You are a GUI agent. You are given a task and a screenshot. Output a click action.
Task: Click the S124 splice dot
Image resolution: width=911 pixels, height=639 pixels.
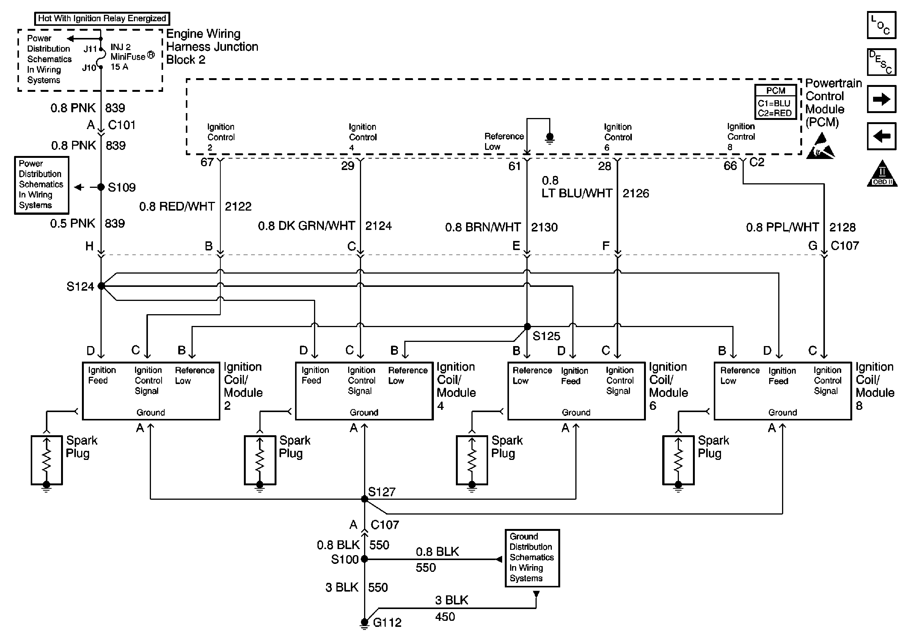(x=101, y=286)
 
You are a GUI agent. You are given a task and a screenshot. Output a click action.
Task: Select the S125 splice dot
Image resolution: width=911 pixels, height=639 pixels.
(x=527, y=326)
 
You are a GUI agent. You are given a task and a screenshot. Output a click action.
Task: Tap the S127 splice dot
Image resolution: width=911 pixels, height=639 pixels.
(x=364, y=499)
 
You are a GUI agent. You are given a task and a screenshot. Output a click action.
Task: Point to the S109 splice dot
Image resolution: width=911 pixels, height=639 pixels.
(x=101, y=187)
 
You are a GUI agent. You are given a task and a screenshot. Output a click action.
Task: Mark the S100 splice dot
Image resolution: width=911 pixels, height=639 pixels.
(x=364, y=559)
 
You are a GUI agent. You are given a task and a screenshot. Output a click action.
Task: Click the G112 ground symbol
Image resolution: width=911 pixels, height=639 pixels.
(x=364, y=623)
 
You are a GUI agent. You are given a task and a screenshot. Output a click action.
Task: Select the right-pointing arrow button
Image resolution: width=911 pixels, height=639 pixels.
(x=882, y=99)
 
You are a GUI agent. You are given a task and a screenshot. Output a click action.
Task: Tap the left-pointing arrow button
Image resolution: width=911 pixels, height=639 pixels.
(x=882, y=136)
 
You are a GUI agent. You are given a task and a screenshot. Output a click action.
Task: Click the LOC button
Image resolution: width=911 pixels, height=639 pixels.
(x=882, y=25)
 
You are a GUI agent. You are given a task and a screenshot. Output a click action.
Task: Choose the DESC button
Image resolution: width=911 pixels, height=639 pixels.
(x=882, y=62)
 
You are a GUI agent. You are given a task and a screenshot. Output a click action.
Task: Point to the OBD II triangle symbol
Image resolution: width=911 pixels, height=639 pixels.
(x=882, y=173)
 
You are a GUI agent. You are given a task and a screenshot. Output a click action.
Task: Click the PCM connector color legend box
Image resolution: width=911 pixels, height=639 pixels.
(x=775, y=102)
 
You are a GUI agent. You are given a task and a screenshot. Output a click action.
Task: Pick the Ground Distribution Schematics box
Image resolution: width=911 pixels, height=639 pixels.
(x=532, y=558)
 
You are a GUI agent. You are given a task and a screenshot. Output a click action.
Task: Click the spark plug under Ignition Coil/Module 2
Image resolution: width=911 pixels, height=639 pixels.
(x=47, y=460)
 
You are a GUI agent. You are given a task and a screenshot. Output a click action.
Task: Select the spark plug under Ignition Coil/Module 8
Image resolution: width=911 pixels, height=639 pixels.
(x=679, y=460)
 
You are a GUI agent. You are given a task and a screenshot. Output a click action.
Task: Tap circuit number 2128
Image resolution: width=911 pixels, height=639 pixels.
(x=842, y=227)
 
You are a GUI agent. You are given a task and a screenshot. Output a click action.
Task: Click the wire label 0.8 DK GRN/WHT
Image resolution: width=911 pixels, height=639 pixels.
(x=306, y=226)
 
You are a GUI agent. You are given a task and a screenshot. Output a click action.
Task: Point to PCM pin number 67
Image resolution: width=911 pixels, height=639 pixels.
(x=207, y=162)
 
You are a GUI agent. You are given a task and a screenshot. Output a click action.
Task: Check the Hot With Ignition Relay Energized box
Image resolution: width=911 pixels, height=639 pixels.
(x=102, y=18)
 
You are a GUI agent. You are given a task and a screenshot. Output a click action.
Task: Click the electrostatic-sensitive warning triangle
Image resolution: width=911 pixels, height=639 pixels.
(x=820, y=146)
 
